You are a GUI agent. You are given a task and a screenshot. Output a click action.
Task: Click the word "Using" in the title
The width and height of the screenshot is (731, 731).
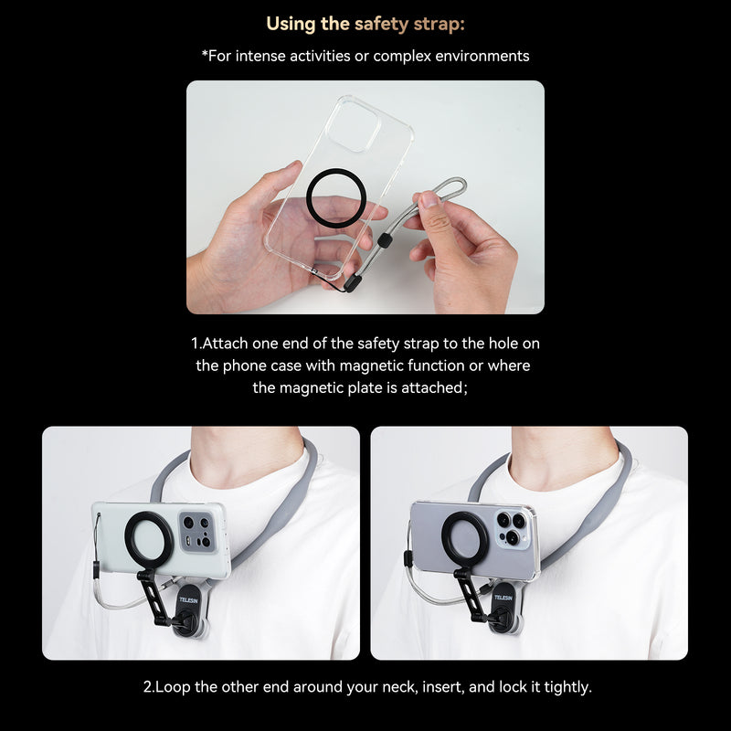point(291,23)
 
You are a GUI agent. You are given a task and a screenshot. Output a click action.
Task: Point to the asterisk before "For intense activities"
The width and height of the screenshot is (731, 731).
point(205,56)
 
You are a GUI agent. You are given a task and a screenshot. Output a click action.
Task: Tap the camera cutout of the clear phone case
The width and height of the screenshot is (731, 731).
point(355,125)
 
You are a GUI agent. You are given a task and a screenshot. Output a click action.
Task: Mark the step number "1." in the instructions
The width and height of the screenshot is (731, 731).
point(196,344)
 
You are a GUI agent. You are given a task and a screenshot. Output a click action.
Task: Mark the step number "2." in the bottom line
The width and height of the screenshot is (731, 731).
point(149,686)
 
